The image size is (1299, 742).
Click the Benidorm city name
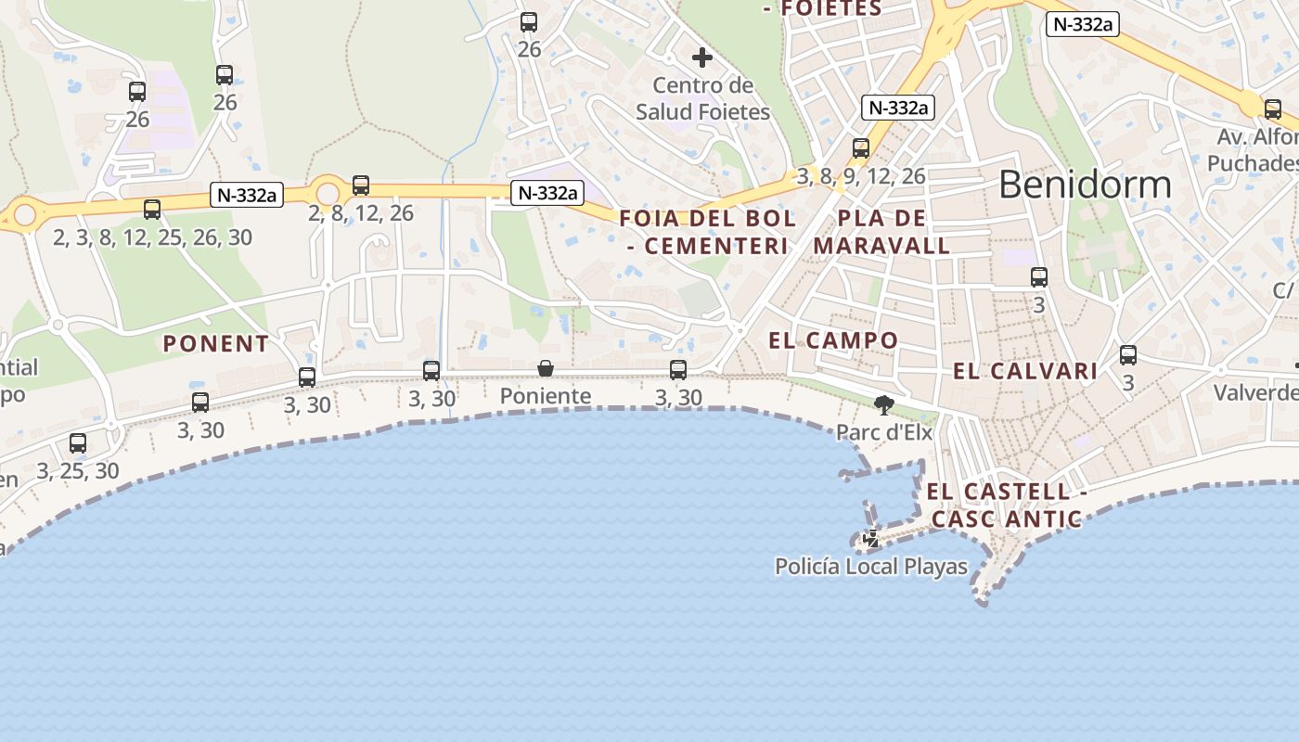click(x=1085, y=185)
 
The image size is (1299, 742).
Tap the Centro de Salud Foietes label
click(x=703, y=98)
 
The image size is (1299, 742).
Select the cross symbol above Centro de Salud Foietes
click(x=702, y=58)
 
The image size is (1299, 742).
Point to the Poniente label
click(x=546, y=396)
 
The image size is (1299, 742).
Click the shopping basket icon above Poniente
click(x=546, y=369)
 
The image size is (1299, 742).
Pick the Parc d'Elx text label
click(x=884, y=431)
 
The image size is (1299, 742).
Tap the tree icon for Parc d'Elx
click(x=884, y=403)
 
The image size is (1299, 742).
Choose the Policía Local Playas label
click(x=871, y=566)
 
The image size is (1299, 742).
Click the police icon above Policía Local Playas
click(x=871, y=538)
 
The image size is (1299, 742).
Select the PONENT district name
click(x=216, y=344)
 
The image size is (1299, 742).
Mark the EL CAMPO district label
click(x=833, y=340)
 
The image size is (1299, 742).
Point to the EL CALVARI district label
click(x=1025, y=372)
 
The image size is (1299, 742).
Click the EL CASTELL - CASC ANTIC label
click(x=1007, y=505)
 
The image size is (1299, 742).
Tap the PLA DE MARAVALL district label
click(x=881, y=232)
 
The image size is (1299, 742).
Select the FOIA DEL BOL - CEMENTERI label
click(x=707, y=232)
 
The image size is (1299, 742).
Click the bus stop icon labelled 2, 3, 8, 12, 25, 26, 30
click(x=152, y=210)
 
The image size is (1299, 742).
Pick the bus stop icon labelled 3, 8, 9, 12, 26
click(x=861, y=148)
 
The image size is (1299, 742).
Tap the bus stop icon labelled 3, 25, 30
click(x=78, y=443)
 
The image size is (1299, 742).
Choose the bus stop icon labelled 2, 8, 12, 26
click(x=361, y=185)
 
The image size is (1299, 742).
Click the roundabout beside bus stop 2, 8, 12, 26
click(x=328, y=193)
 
